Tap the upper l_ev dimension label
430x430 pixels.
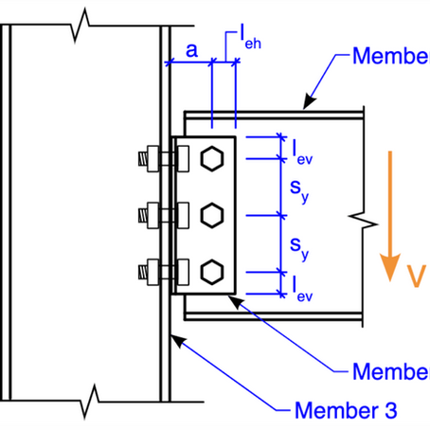pos(302,152)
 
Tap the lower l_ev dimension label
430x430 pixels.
pos(302,286)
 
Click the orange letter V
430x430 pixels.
pos(413,275)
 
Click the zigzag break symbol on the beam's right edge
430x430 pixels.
pos(359,222)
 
